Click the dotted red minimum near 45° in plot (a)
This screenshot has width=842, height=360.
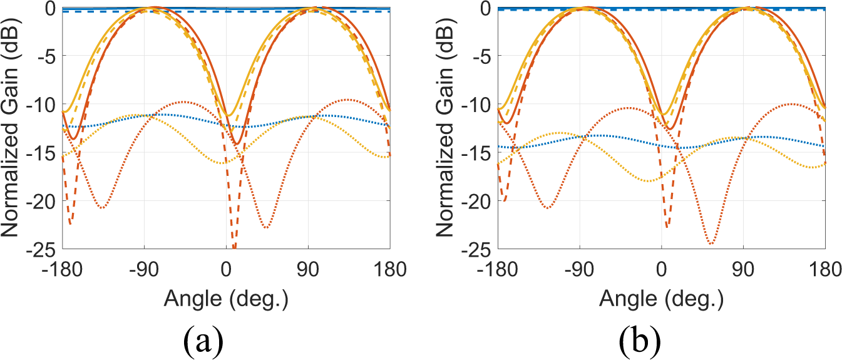267,227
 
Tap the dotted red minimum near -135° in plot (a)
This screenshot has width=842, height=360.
102,207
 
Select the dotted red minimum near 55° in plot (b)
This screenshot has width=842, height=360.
711,243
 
